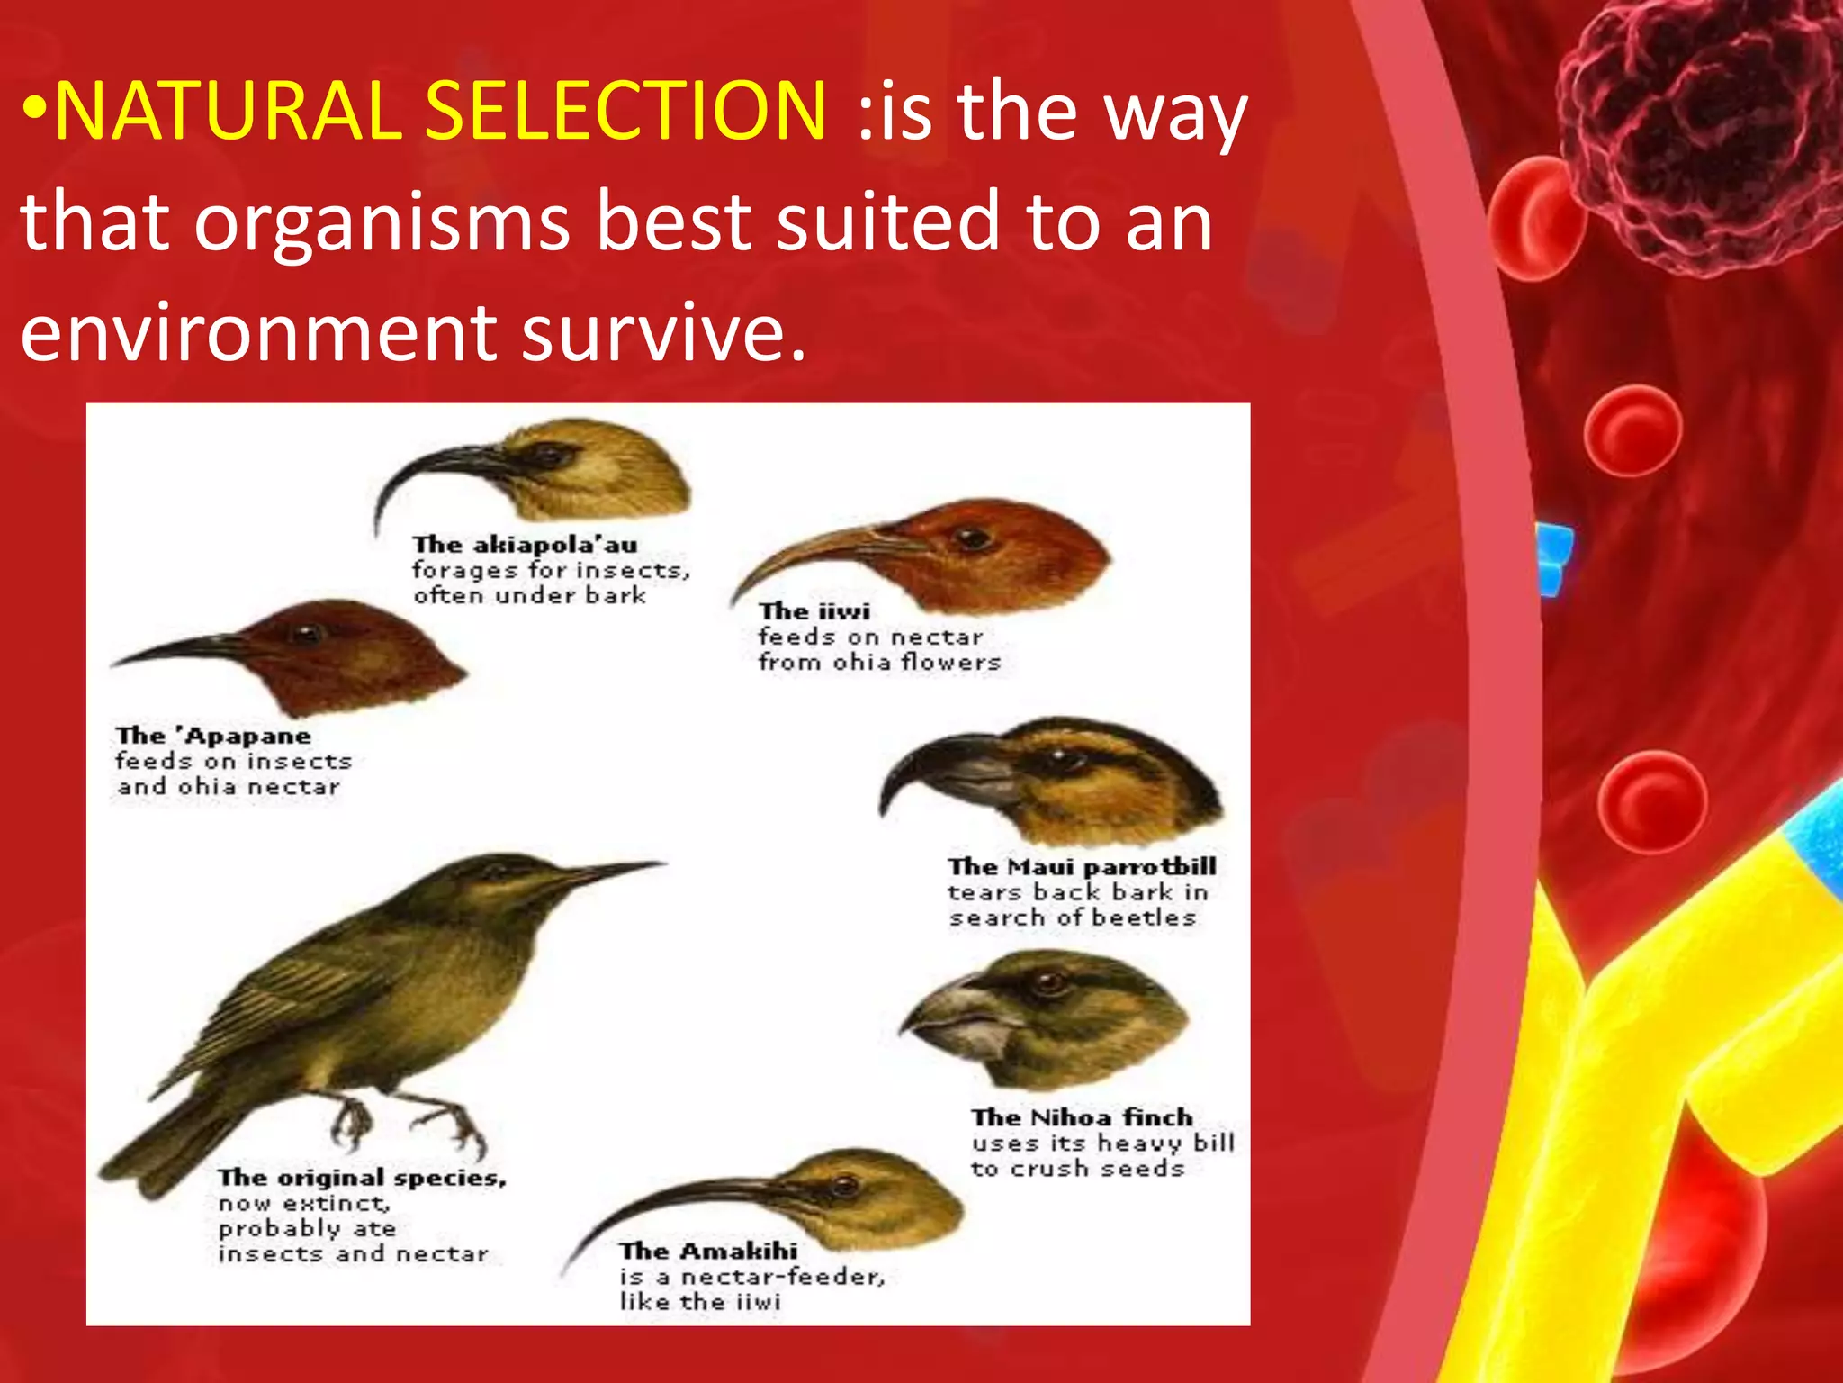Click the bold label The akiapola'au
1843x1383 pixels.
tap(525, 545)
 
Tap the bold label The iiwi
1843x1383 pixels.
tap(814, 611)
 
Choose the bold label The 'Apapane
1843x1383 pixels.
tap(213, 736)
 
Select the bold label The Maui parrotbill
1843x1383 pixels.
tap(1082, 866)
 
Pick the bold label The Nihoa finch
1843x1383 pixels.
tap(1082, 1117)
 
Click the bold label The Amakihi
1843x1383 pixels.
tap(708, 1251)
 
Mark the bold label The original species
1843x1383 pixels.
tap(362, 1178)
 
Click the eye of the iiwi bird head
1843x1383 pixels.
tap(972, 539)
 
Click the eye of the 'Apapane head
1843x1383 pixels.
tap(307, 633)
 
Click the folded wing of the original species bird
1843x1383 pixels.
tap(306, 999)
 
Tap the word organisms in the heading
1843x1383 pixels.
tap(382, 222)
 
